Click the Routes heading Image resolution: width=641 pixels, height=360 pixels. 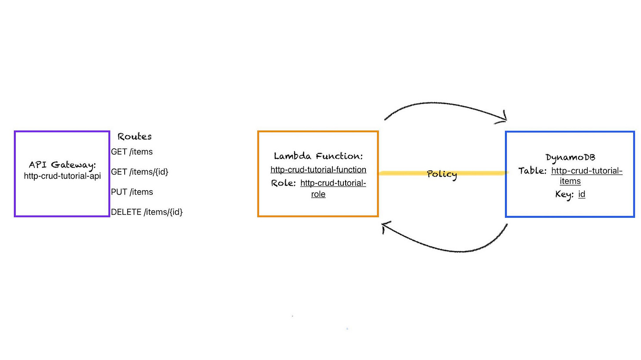point(135,137)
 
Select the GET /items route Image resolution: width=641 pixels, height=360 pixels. point(132,152)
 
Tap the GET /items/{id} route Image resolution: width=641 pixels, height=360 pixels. point(140,172)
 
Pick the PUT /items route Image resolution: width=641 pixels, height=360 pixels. point(132,192)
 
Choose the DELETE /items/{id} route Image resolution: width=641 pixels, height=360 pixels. point(147,212)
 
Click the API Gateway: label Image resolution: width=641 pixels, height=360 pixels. point(62,165)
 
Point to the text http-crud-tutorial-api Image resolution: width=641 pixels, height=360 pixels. point(62,176)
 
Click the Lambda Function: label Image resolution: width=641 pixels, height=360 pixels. point(318,156)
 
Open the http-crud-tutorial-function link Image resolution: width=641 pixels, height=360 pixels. point(318,170)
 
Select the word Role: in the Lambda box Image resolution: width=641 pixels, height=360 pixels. point(284,183)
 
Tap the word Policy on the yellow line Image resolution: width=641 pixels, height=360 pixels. point(442,174)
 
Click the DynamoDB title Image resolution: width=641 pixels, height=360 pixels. point(570,158)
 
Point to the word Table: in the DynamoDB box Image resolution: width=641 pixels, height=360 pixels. point(532,171)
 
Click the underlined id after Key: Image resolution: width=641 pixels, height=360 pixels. point(582,195)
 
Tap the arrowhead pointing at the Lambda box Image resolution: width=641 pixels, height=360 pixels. point(385,226)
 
